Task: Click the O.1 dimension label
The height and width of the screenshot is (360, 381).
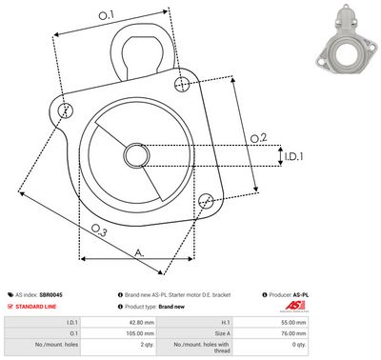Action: [106, 15]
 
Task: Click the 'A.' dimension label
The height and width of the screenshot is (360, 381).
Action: [139, 252]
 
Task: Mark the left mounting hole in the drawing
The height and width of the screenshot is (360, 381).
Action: [65, 111]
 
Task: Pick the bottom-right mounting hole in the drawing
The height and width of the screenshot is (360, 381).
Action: [205, 199]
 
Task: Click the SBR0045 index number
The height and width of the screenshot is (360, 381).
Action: [51, 296]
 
